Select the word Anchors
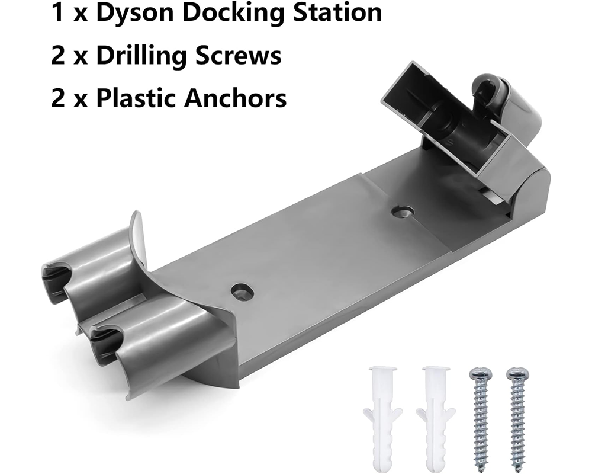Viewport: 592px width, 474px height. coord(235,98)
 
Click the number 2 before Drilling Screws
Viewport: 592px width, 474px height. coord(58,56)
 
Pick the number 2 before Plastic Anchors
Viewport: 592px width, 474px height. coord(58,98)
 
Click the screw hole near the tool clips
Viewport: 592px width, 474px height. coord(242,291)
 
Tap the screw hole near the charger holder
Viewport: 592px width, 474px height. coord(403,211)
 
